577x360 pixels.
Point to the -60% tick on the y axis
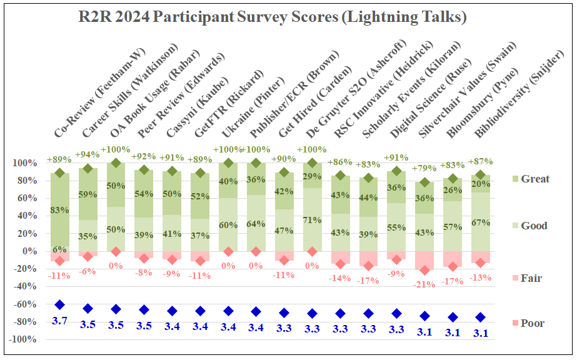click(26, 304)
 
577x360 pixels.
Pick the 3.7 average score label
click(59, 321)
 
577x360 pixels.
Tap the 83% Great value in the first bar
click(59, 211)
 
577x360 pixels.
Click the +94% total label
click(88, 154)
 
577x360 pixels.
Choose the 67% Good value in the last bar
click(480, 223)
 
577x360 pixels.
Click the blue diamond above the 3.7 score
click(59, 304)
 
